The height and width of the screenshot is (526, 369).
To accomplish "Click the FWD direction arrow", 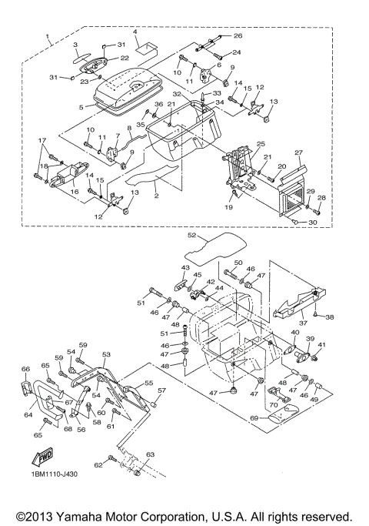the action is (x=42, y=457).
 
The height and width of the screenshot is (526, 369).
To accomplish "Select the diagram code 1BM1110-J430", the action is (x=54, y=474).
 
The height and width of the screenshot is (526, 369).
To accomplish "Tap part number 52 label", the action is (x=192, y=235).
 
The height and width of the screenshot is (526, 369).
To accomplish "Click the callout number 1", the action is (x=48, y=36).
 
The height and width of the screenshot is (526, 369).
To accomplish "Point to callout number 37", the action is (x=303, y=323).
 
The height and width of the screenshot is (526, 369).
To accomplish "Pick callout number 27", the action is (x=299, y=152).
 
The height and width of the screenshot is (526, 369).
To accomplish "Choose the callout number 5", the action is (x=81, y=107).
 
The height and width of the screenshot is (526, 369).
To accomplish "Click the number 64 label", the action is (x=28, y=414).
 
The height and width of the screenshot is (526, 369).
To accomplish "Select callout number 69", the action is (x=255, y=418).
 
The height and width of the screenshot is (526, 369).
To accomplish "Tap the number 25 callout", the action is (x=261, y=144).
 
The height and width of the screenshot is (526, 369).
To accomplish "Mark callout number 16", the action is (x=75, y=192).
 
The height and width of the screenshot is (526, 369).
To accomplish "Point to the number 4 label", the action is (x=135, y=32).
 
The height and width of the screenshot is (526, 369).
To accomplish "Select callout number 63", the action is (x=151, y=454).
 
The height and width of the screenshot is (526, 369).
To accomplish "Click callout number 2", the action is (x=156, y=196).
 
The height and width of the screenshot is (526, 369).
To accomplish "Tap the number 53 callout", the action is (x=106, y=354).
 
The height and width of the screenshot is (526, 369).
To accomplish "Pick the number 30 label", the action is (x=313, y=222).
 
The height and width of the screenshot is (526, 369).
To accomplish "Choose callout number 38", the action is (x=330, y=317).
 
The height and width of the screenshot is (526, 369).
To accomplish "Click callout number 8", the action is (x=129, y=128).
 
